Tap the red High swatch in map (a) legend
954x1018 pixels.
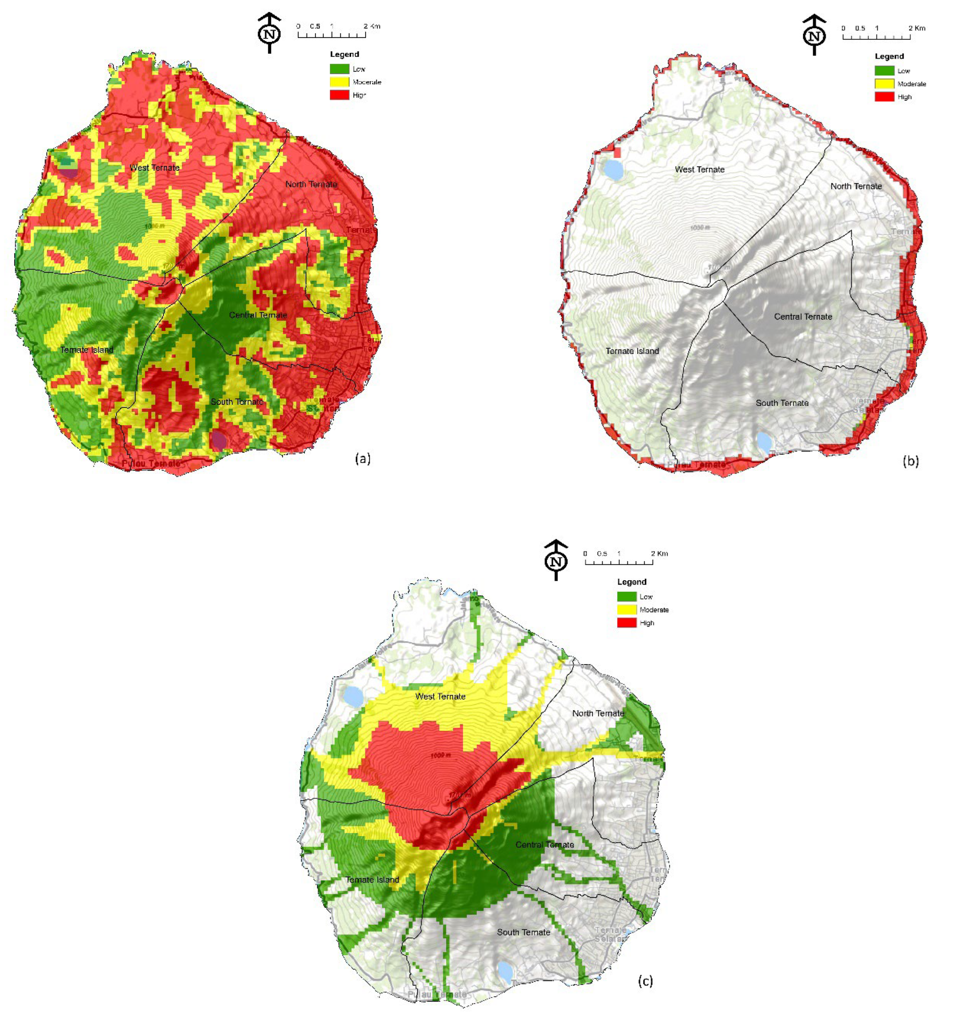(x=339, y=95)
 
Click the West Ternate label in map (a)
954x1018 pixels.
(x=155, y=168)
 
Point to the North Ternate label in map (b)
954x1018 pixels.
(x=856, y=186)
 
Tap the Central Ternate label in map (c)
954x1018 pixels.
(x=544, y=845)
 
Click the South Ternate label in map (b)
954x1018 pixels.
(x=782, y=403)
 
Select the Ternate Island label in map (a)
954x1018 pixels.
(x=86, y=350)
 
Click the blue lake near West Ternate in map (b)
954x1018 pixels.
(x=613, y=170)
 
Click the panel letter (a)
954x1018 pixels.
(x=363, y=458)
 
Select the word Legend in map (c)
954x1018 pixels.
(x=631, y=582)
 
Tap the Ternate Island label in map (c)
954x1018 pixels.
(x=372, y=880)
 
